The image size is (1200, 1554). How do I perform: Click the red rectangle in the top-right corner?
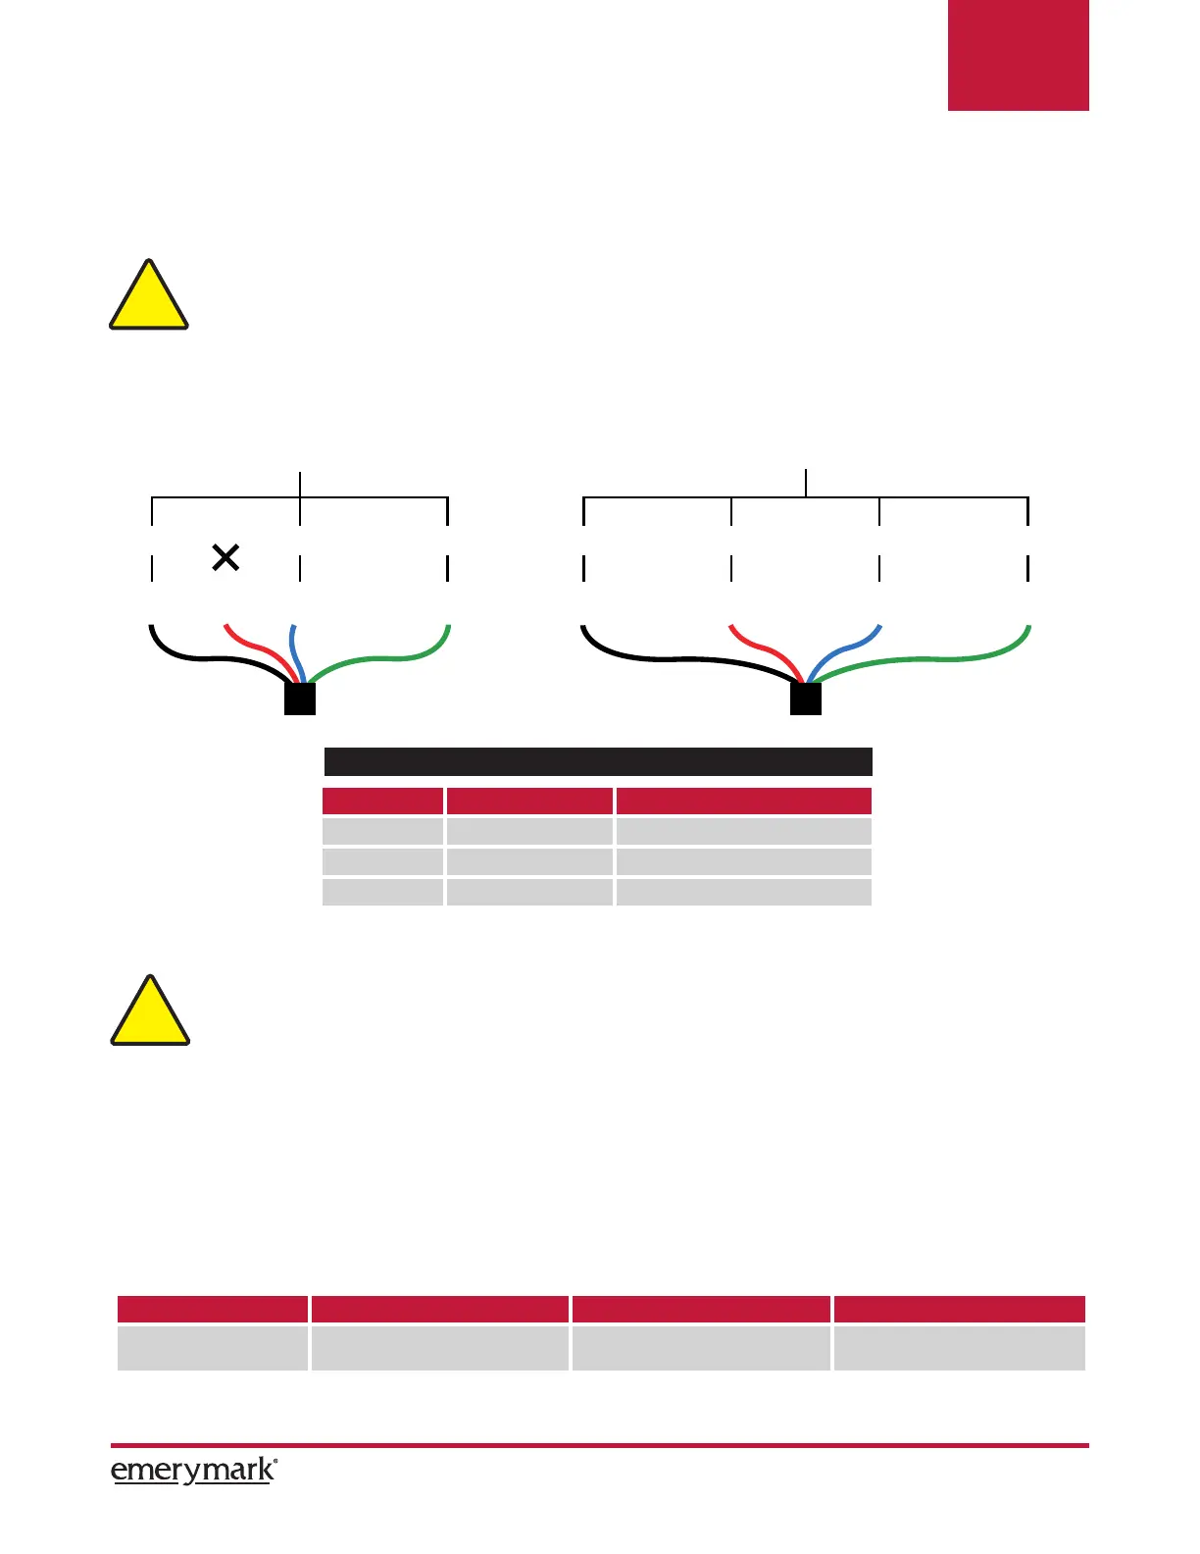[1018, 55]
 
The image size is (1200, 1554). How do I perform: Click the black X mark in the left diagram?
[225, 558]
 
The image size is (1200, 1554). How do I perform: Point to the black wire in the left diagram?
[196, 657]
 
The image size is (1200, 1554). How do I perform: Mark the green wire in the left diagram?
[392, 657]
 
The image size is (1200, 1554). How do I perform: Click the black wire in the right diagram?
[667, 658]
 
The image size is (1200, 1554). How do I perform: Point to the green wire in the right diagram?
[941, 658]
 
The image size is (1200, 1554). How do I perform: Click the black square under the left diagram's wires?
[299, 699]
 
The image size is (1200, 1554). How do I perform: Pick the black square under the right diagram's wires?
[805, 699]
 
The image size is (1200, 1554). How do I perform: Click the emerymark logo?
[193, 1471]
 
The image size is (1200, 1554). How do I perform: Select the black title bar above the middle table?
[598, 761]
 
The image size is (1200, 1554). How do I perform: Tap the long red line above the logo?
[599, 1445]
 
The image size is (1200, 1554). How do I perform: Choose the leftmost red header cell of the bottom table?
[212, 1309]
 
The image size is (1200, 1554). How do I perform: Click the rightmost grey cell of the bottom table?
[959, 1347]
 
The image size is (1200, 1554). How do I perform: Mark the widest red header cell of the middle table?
[743, 801]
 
